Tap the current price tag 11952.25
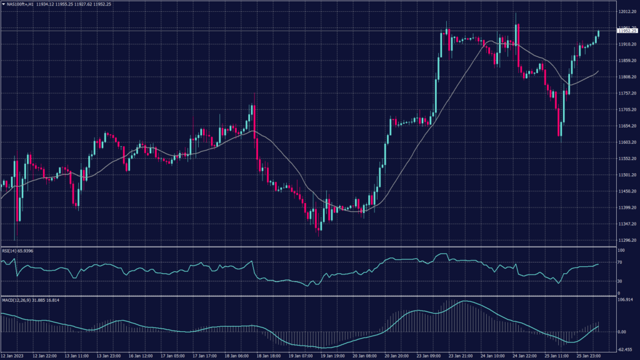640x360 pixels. coord(627,31)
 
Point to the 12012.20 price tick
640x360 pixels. coord(627,12)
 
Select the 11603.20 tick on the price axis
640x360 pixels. coord(627,142)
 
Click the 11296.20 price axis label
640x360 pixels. coord(627,240)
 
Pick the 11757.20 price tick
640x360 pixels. coord(627,93)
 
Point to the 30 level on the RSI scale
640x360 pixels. coord(619,281)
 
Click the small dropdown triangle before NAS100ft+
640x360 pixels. coord(3,4)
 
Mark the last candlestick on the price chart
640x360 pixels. coord(598,34)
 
